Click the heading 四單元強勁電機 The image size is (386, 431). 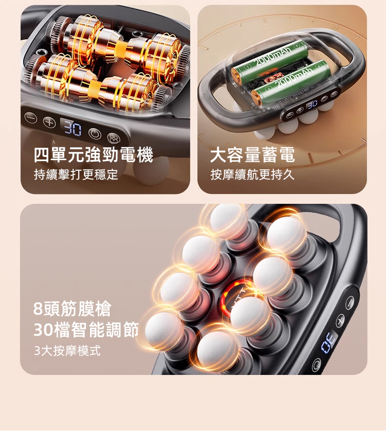pyautogui.click(x=93, y=155)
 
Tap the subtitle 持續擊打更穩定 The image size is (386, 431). pyautogui.click(x=76, y=175)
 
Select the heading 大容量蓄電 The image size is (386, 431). pyautogui.click(x=253, y=155)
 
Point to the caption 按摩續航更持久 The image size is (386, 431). pyautogui.click(x=253, y=175)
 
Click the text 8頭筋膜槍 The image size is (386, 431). pyautogui.click(x=72, y=309)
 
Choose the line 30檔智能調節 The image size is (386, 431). pyautogui.click(x=86, y=330)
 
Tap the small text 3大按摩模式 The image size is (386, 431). pyautogui.click(x=67, y=351)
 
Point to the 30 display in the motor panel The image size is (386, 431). pyautogui.click(x=73, y=127)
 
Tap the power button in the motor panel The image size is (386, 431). pyautogui.click(x=95, y=134)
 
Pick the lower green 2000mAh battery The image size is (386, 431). pyautogui.click(x=291, y=81)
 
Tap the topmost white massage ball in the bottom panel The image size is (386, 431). pyautogui.click(x=226, y=221)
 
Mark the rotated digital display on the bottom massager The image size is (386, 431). pyautogui.click(x=328, y=341)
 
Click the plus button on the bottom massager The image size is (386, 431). pyautogui.click(x=340, y=320)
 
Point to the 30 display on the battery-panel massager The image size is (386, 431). pyautogui.click(x=312, y=105)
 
